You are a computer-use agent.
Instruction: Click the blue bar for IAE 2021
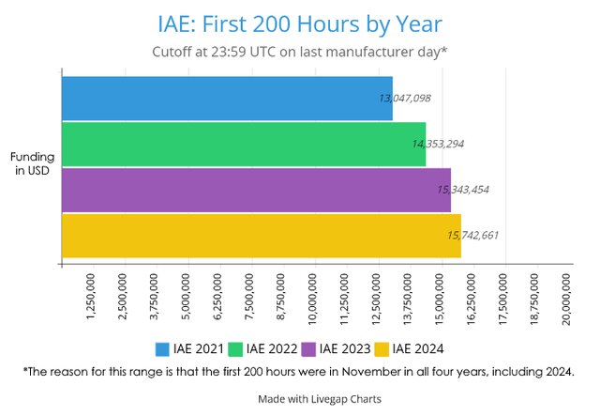(225, 98)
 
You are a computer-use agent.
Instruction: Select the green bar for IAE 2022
(242, 144)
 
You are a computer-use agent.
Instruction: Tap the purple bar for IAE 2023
(255, 189)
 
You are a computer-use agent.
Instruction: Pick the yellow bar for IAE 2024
(261, 235)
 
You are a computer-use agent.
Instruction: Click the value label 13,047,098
(405, 98)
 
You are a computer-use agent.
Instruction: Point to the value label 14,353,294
(438, 144)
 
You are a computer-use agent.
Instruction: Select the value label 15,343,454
(463, 190)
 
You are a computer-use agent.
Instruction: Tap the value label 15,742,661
(472, 236)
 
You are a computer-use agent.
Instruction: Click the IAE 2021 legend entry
(189, 349)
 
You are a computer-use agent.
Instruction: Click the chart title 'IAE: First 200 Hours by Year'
(300, 22)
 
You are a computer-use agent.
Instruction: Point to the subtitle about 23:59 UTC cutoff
(300, 52)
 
